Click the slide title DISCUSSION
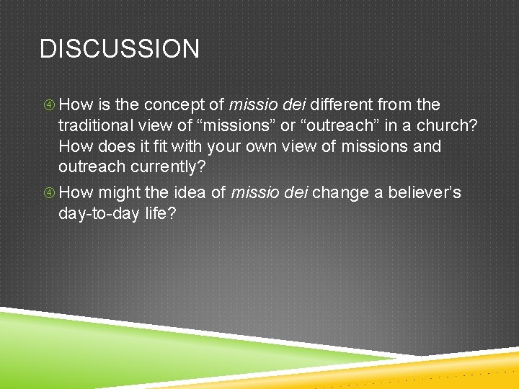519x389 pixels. click(x=120, y=49)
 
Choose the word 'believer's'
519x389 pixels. click(x=425, y=193)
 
